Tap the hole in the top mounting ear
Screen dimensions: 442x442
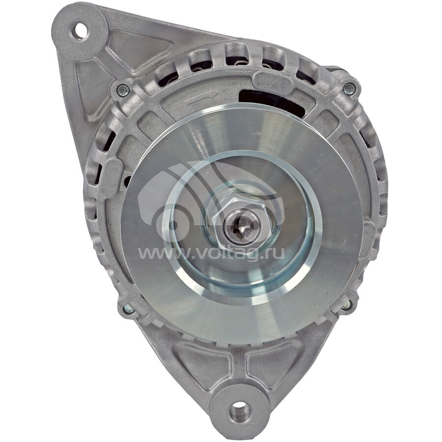point(80,31)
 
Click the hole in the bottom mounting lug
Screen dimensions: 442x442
point(240,412)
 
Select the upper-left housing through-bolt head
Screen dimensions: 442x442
point(123,90)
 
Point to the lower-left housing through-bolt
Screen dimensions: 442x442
point(128,309)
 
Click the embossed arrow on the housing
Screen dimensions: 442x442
point(202,96)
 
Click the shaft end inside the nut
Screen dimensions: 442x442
point(242,224)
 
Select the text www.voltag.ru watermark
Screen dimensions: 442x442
point(211,253)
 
